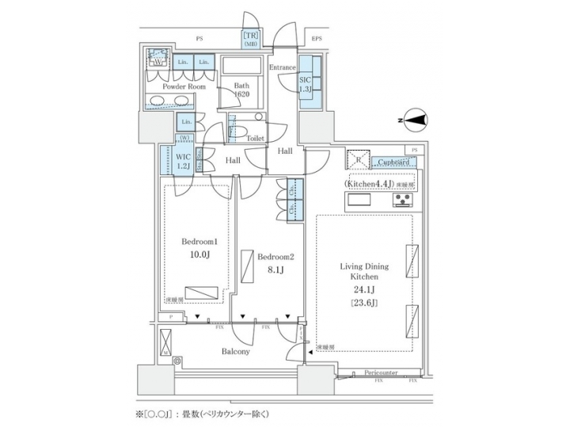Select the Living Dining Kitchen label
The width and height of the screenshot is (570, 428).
click(364, 272)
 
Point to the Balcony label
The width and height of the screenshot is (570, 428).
click(235, 351)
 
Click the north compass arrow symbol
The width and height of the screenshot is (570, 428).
click(414, 120)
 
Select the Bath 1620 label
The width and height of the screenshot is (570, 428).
click(240, 89)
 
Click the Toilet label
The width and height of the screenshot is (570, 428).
click(255, 137)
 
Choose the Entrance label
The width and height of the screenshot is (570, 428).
click(282, 68)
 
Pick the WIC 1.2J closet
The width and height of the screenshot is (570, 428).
click(183, 161)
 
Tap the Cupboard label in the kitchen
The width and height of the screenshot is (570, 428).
click(393, 162)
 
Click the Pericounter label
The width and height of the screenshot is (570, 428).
click(381, 371)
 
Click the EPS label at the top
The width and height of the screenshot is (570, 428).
click(317, 38)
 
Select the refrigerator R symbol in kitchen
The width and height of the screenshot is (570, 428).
click(357, 159)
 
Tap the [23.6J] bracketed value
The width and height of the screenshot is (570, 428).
click(364, 302)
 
